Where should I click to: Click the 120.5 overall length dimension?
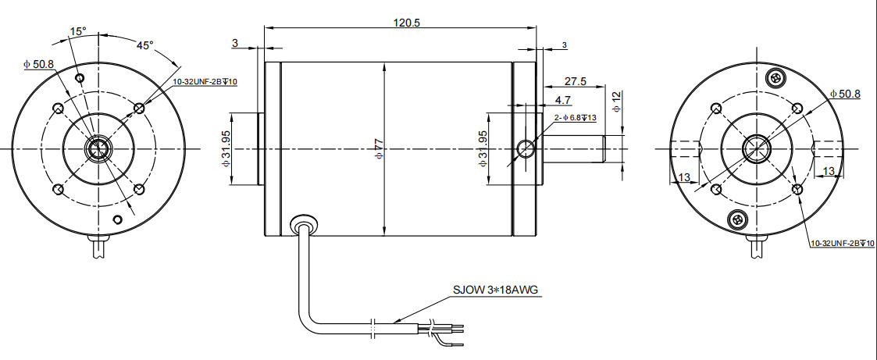pos(407,23)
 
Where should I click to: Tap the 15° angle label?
pos(78,32)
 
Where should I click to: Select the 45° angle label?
pos(145,45)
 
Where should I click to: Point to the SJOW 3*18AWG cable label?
pos(496,290)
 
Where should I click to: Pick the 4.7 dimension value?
pos(562,101)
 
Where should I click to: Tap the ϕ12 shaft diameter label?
pos(616,101)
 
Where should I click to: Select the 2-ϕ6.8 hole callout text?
pos(575,118)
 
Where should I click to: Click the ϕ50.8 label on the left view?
pos(38,64)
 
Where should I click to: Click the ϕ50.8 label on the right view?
pos(844,94)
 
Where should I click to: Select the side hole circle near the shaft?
pos(527,148)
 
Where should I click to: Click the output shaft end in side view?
pos(605,148)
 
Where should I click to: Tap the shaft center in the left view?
pos(98,148)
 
